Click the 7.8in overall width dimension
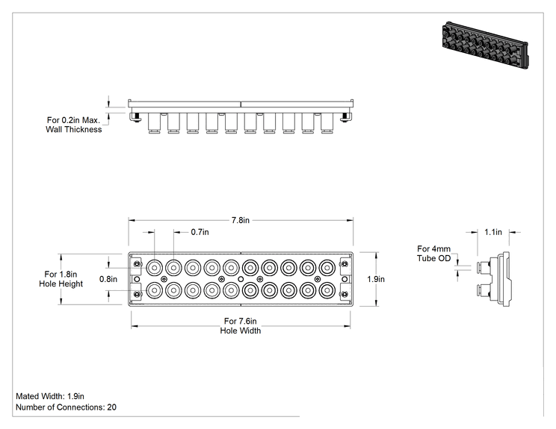tap(241, 220)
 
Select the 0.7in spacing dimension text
tap(200, 232)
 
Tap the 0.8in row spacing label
tap(108, 279)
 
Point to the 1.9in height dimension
tap(376, 279)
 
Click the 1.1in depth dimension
tap(493, 232)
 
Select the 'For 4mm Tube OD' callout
tap(433, 254)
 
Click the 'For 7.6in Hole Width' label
tap(241, 325)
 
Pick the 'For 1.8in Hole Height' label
tap(61, 279)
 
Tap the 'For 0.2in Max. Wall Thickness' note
tap(74, 125)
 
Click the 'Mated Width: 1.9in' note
tap(50, 396)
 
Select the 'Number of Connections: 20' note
tap(66, 407)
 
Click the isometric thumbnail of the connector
tap(486, 45)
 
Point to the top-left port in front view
tap(154, 268)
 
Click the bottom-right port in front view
tap(327, 291)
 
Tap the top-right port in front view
tap(327, 268)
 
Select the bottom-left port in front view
tap(154, 291)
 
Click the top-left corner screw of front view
tap(137, 264)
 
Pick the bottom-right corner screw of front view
tap(345, 294)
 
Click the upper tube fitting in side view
tap(484, 266)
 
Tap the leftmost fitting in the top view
tap(154, 123)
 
